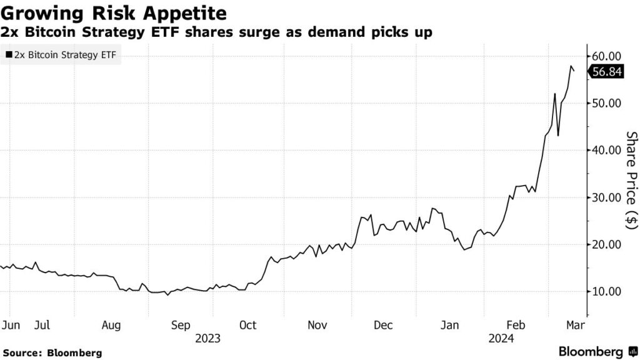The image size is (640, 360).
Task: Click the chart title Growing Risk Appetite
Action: (x=114, y=12)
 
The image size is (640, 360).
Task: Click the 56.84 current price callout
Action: (x=606, y=72)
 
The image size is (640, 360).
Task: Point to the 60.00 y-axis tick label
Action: (x=606, y=56)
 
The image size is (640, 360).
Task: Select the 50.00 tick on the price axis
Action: (x=606, y=103)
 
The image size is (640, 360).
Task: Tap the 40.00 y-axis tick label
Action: (x=606, y=150)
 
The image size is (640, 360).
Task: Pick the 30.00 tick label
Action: (x=606, y=197)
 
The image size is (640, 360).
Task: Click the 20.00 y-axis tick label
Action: (x=606, y=244)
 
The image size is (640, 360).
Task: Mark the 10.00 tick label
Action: (x=606, y=291)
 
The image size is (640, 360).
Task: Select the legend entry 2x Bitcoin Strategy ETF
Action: (x=60, y=55)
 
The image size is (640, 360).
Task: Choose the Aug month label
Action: (x=111, y=325)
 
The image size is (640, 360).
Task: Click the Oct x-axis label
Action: (x=247, y=325)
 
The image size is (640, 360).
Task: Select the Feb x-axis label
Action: (x=516, y=325)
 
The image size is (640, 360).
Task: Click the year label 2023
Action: (x=207, y=338)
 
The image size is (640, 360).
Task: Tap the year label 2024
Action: (x=501, y=338)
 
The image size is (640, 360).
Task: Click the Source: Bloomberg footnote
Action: (x=52, y=352)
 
